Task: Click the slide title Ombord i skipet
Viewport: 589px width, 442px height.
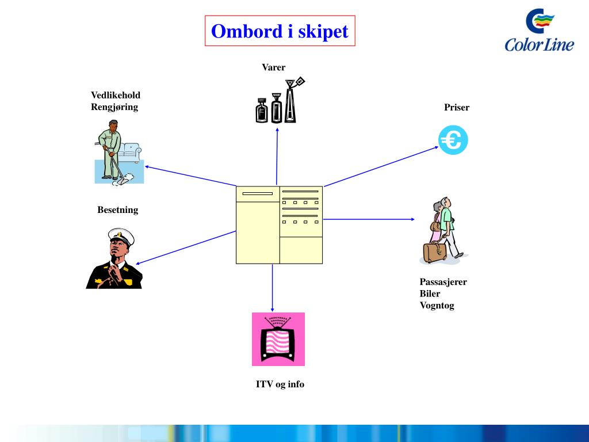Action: click(x=280, y=31)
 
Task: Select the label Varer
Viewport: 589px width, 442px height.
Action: click(x=274, y=67)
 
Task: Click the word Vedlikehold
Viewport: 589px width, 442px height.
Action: click(x=116, y=95)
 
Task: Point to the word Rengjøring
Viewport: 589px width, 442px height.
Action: click(x=114, y=106)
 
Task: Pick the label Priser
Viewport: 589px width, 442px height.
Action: click(x=457, y=107)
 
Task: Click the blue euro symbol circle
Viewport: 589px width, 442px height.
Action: click(x=453, y=140)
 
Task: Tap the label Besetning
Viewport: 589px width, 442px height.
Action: click(x=118, y=209)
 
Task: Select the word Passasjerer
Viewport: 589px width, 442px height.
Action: click(x=443, y=282)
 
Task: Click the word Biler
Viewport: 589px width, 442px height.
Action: click(x=430, y=294)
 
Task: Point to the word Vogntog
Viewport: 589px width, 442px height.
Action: click(x=437, y=306)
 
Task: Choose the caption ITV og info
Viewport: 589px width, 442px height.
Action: click(x=280, y=384)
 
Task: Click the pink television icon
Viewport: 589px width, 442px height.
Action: click(x=278, y=339)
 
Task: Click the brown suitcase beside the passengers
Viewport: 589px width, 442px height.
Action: click(x=434, y=253)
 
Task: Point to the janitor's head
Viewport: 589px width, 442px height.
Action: click(x=113, y=126)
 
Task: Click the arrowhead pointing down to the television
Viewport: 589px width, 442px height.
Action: click(x=273, y=309)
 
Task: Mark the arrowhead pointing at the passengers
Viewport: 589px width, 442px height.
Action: click(x=412, y=219)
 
